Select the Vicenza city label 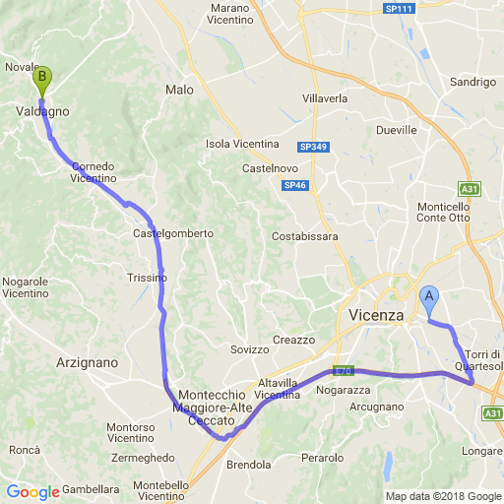377,315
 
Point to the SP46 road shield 294,185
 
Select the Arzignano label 88,362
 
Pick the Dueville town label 397,129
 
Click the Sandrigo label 473,82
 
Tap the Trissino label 148,278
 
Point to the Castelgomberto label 173,233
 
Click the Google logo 32,492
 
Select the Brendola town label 248,465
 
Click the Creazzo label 293,340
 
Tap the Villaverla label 326,100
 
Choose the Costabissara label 305,236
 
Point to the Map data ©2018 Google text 443,496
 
